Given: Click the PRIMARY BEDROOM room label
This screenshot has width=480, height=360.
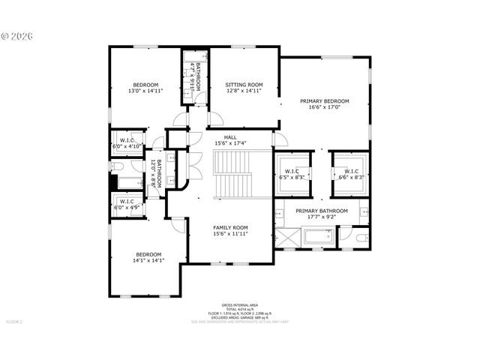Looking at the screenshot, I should (x=325, y=100).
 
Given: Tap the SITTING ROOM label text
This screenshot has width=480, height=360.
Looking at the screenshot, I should (x=244, y=85).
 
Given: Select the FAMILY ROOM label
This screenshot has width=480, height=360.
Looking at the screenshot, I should (x=231, y=227).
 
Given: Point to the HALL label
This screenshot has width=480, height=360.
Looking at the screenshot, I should (x=230, y=136).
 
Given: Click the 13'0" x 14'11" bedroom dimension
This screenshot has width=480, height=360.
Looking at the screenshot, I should (x=145, y=91).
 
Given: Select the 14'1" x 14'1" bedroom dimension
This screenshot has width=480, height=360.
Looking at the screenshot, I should (x=148, y=260).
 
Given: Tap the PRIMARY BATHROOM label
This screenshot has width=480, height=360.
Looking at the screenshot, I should (x=321, y=211).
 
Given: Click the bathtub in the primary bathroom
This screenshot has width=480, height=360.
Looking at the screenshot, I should (x=318, y=238).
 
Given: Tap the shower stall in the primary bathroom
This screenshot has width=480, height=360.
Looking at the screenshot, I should (x=287, y=238).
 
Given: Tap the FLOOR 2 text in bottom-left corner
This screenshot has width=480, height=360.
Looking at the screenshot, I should (x=15, y=321).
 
